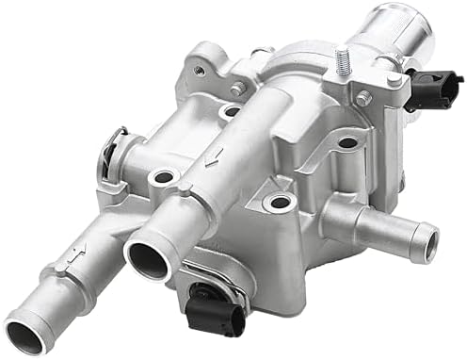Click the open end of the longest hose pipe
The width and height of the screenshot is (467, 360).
click(x=25, y=332)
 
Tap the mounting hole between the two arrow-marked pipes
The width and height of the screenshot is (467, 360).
click(x=162, y=176)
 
